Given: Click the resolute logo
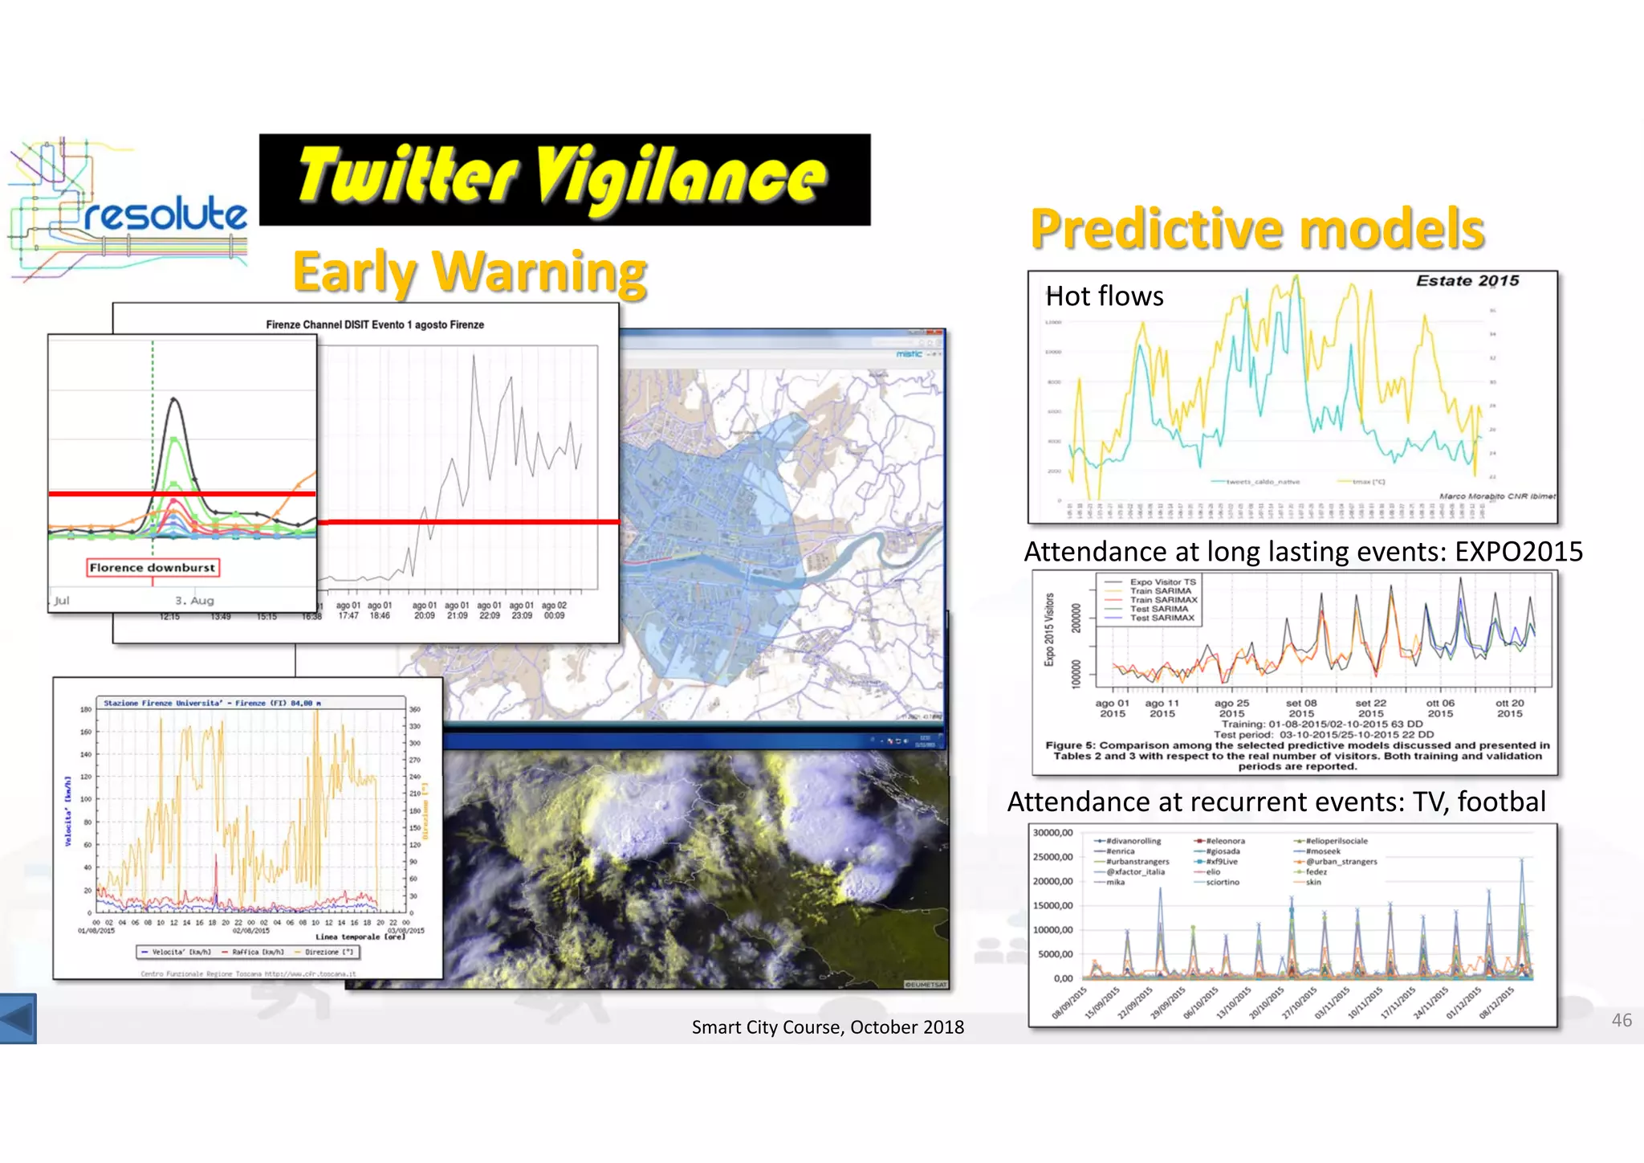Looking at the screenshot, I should tap(128, 210).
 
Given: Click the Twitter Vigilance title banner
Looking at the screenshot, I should tap(564, 179).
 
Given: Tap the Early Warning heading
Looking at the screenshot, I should tap(470, 272).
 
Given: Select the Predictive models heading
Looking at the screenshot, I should tap(1257, 229).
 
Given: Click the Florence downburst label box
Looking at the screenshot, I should tap(153, 568).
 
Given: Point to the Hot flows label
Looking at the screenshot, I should tap(1104, 296).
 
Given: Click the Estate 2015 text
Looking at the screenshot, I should tap(1467, 280).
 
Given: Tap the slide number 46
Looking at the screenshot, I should tap(1621, 1020).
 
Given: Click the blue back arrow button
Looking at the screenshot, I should tap(18, 1018).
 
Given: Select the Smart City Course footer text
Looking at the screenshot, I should tap(828, 1027).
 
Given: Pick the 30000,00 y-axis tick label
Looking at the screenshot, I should tap(1052, 833).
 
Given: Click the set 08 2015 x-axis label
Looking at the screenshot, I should tap(1301, 708).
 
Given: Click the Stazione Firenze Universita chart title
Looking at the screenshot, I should tap(212, 703).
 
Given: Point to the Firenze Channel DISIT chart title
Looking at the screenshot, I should tap(375, 324).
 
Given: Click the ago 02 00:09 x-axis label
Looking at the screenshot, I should tap(554, 610).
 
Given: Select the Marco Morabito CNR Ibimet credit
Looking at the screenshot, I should tap(1496, 496).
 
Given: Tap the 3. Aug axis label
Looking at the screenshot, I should tap(194, 601).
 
